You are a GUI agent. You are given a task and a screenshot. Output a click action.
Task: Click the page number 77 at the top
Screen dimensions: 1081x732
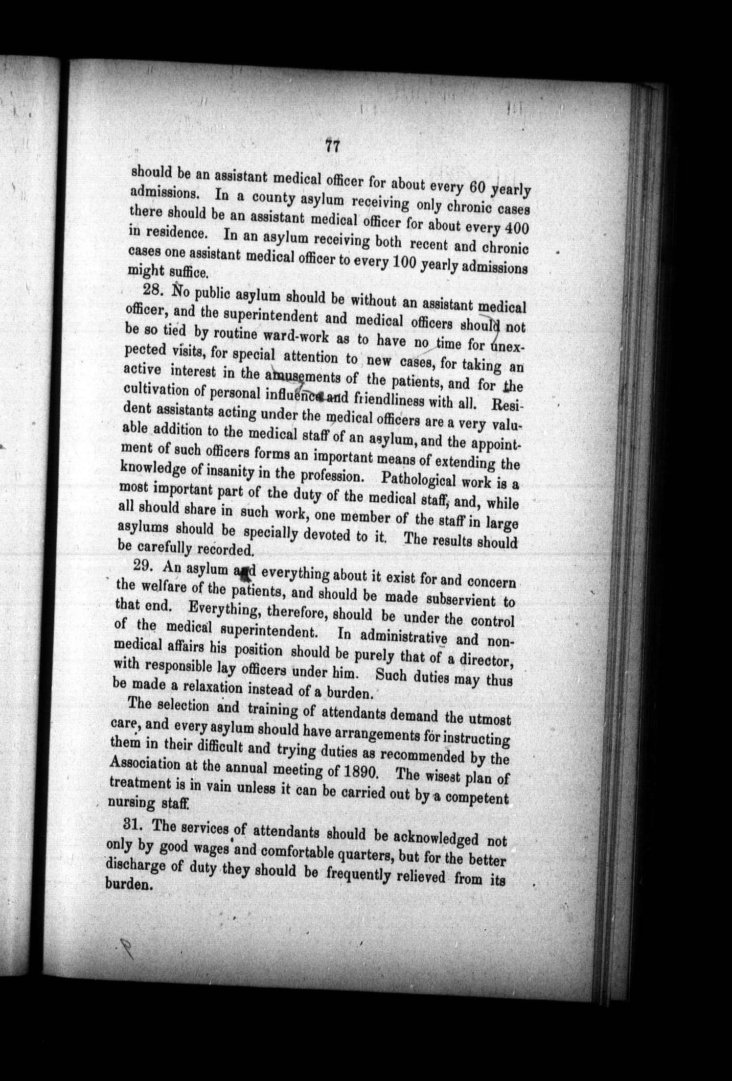[332, 146]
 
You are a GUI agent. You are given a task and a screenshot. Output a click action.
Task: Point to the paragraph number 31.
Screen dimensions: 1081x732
[135, 824]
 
